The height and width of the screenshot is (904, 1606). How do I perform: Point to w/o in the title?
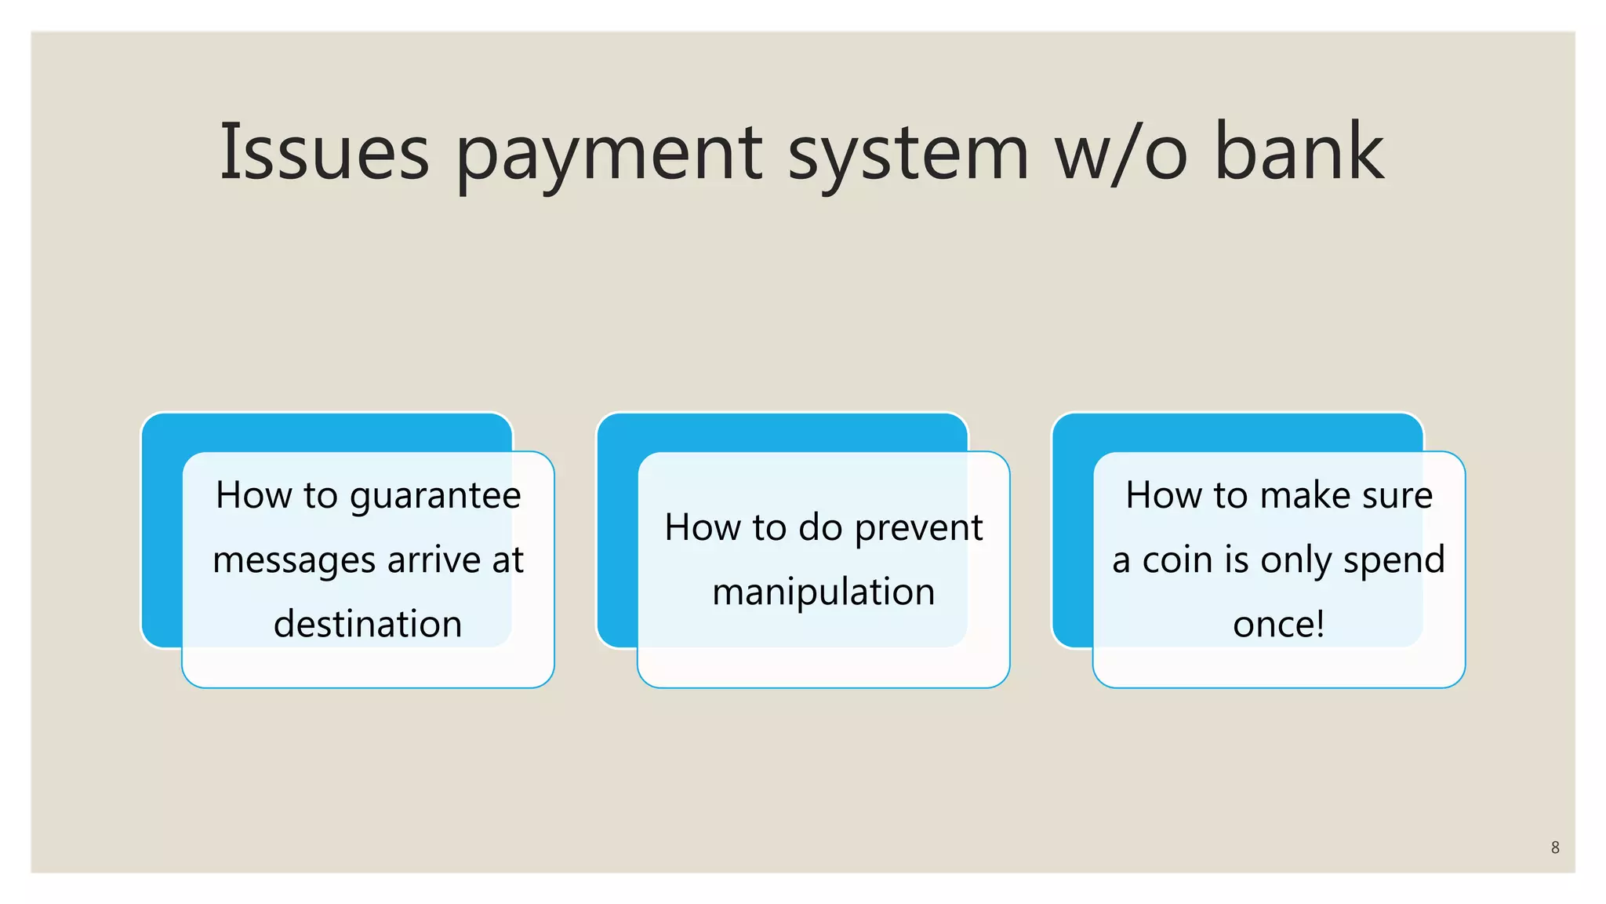tap(1121, 153)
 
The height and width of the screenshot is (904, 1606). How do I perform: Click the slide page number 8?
tap(1555, 847)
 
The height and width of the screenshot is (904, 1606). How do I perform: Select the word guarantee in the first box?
tap(435, 497)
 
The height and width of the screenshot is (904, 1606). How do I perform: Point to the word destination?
tap(368, 625)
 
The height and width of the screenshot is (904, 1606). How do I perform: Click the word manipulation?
tap(823, 592)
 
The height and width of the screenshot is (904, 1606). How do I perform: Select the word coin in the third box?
tap(1179, 560)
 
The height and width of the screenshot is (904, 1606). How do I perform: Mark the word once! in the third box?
tap(1278, 625)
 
